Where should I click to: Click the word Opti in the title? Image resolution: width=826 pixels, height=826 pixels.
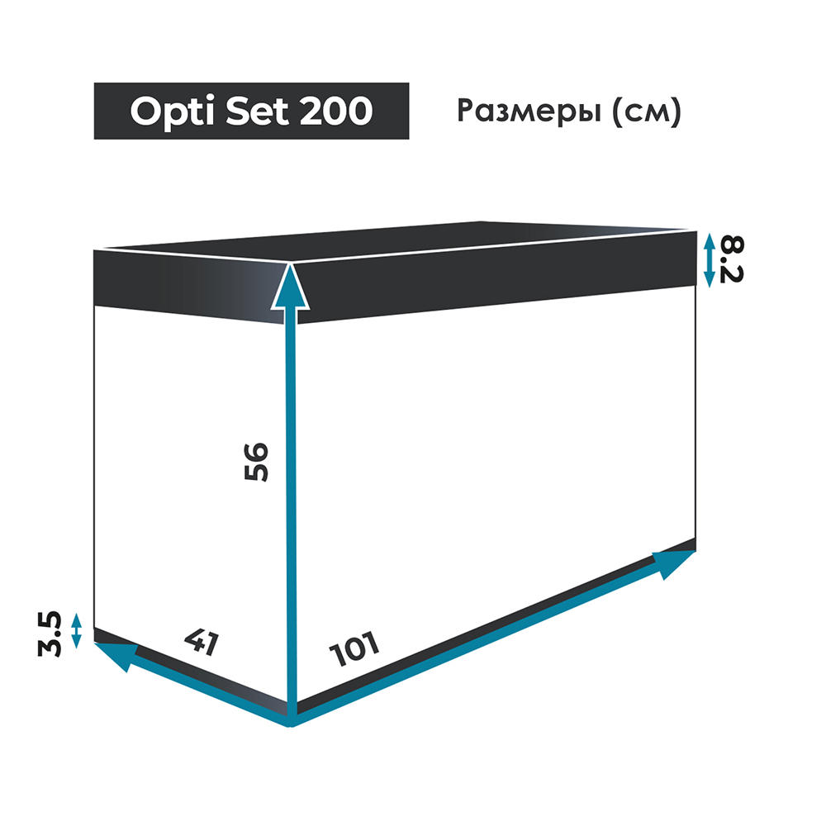coord(173,112)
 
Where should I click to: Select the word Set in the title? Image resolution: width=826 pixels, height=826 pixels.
coord(258,112)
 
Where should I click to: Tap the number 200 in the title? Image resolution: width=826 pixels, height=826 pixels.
coord(336,112)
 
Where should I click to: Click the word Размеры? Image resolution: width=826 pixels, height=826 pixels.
coord(529,112)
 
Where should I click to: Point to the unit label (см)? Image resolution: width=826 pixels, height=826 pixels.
coord(647,112)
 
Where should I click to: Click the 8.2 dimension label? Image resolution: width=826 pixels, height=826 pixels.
coord(731,259)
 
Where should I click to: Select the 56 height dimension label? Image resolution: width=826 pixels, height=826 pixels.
coord(256,462)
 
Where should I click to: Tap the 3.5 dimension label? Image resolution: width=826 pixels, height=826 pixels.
coord(49,634)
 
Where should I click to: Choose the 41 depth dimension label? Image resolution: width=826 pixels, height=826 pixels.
coord(202,642)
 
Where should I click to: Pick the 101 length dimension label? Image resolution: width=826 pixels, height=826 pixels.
coord(354,648)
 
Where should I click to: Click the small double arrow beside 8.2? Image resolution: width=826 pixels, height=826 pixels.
coord(709,260)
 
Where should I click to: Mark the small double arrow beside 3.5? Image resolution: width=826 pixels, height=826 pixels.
coord(76,630)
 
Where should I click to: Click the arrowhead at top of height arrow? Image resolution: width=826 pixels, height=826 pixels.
coord(290,287)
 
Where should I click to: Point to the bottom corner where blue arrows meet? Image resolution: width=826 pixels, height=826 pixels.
coord(290,726)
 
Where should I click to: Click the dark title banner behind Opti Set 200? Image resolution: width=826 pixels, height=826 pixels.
coord(251,112)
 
